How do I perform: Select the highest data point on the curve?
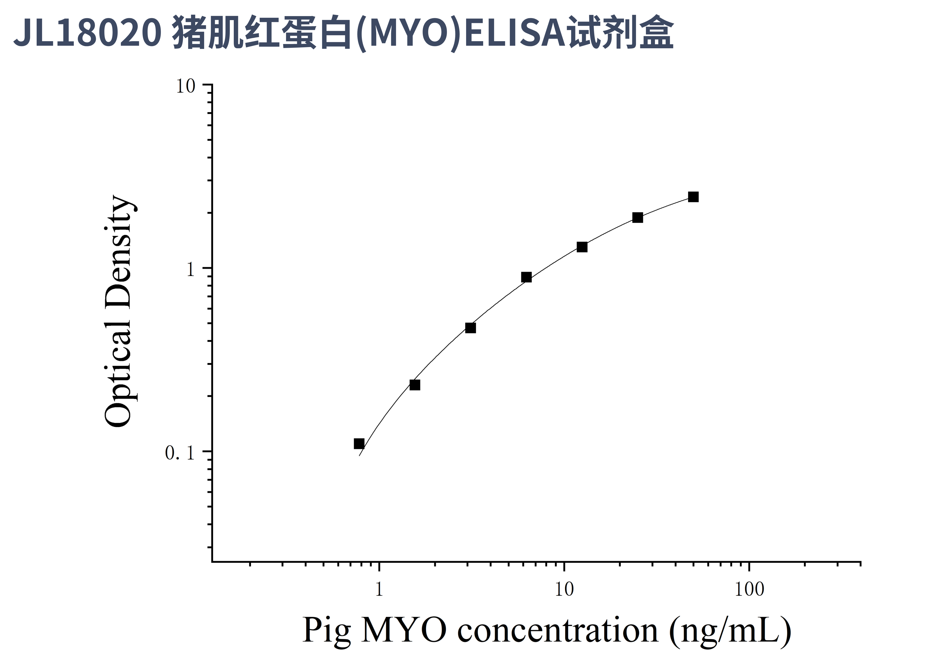click(x=694, y=197)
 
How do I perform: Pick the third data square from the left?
click(x=470, y=328)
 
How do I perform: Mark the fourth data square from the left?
click(x=526, y=277)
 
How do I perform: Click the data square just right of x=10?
click(x=582, y=247)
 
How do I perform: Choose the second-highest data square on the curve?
click(x=638, y=218)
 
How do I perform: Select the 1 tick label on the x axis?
click(x=379, y=589)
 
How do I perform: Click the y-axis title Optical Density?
click(x=119, y=311)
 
